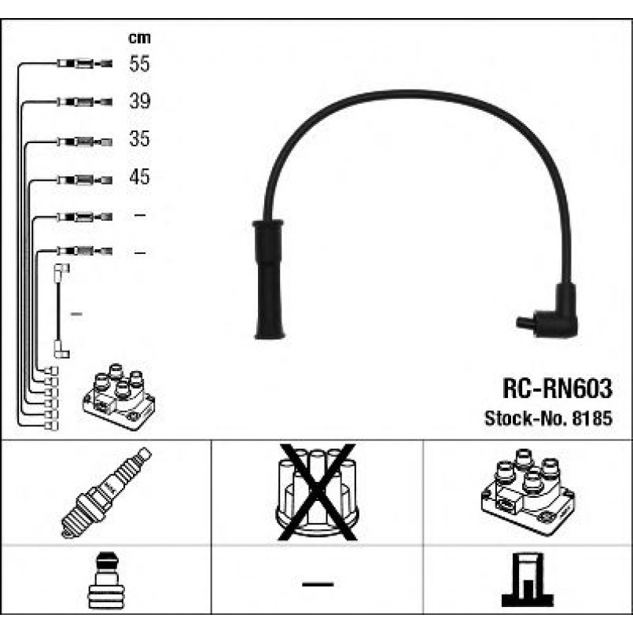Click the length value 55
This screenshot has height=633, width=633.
pos(139,64)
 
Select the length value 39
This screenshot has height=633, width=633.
pos(139,101)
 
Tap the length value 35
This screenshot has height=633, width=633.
pos(139,139)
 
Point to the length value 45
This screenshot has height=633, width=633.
pos(139,177)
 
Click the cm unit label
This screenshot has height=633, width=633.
pos(139,37)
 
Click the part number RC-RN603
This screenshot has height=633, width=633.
pos(556,389)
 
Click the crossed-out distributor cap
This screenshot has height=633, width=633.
pos(317,493)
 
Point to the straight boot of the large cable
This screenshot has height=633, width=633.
pos(267,279)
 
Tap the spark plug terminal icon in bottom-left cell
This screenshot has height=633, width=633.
pos(105,583)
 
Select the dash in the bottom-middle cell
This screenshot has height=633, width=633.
pos(317,584)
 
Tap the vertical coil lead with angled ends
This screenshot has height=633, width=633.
pos(60,311)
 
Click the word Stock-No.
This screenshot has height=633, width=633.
pos(520,418)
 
